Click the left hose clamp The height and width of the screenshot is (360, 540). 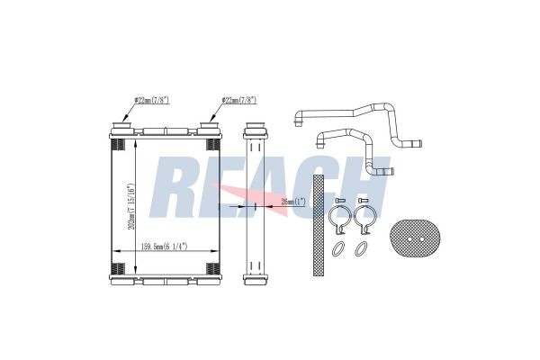click(340, 218)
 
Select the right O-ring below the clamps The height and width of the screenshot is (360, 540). click(360, 248)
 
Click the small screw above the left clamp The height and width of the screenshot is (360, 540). click(341, 199)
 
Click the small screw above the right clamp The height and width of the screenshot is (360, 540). click(364, 199)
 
